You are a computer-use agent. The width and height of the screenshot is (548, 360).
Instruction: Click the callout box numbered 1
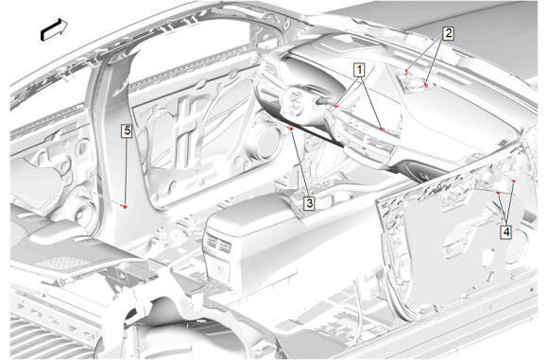[359, 70]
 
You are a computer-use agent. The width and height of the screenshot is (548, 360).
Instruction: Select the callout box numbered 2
[448, 34]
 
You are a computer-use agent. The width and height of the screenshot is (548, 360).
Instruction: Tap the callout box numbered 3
[309, 203]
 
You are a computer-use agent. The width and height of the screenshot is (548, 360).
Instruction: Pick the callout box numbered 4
[506, 231]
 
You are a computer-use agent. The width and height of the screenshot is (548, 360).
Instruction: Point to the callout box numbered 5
[128, 130]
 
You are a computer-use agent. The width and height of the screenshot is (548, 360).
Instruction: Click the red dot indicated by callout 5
[125, 207]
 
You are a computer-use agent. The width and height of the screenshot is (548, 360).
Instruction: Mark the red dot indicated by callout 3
[291, 129]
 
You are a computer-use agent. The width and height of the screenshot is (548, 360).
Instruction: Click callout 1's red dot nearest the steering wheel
[337, 106]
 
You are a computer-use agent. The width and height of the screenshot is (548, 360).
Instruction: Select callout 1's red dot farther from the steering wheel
[382, 129]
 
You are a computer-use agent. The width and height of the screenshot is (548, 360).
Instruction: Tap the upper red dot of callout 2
[406, 71]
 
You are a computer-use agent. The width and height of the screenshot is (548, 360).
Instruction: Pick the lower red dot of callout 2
[426, 84]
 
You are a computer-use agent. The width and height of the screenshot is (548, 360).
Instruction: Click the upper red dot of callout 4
[513, 180]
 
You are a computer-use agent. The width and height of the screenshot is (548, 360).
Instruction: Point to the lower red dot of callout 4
[498, 193]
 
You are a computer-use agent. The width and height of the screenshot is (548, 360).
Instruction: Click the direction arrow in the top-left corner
[54, 29]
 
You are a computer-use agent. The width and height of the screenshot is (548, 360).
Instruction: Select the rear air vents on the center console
[218, 243]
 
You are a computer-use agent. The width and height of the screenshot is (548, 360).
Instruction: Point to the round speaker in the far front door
[266, 142]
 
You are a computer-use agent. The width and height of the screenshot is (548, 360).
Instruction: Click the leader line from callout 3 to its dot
[300, 163]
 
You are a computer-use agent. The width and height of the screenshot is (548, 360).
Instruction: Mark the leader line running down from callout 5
[126, 172]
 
